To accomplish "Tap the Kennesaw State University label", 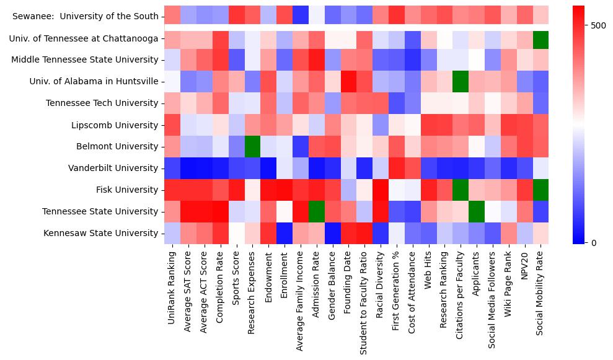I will click(x=101, y=234).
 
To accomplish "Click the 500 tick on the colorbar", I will click(x=599, y=25).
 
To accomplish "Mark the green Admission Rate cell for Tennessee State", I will click(x=315, y=212).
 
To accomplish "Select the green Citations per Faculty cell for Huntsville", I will click(x=461, y=82).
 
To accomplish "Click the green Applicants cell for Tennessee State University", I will click(x=477, y=212).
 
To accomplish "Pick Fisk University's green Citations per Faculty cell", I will click(x=461, y=190).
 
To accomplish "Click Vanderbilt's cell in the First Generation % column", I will click(x=396, y=169).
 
